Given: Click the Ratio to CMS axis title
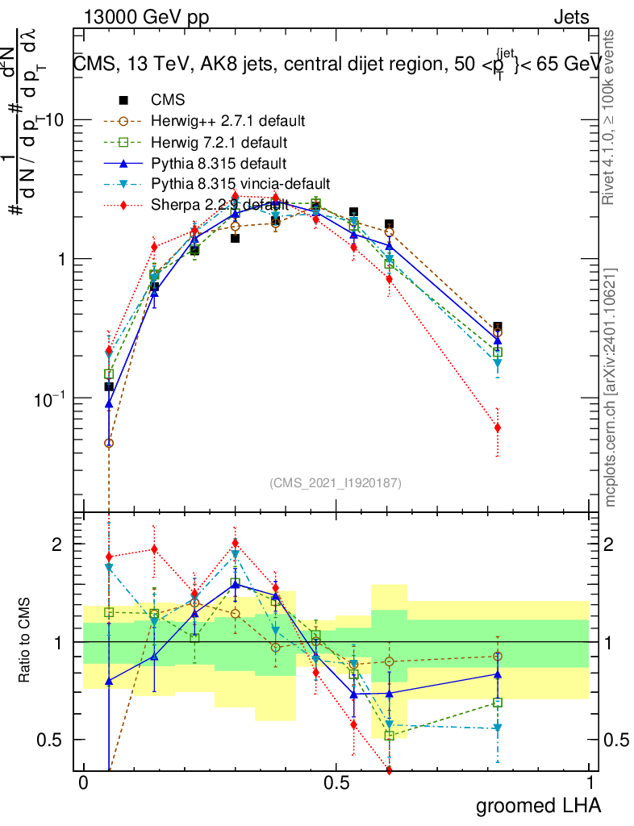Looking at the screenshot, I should [x=25, y=641].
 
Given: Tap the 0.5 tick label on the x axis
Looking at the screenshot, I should [x=336, y=783].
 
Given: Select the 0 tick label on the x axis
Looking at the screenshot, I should [x=83, y=783].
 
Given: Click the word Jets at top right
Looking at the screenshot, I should [x=571, y=18].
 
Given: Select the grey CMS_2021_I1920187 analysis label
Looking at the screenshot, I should [x=336, y=482].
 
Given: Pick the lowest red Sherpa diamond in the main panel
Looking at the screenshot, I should [x=498, y=428].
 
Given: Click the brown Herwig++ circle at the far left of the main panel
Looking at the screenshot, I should [x=109, y=443].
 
